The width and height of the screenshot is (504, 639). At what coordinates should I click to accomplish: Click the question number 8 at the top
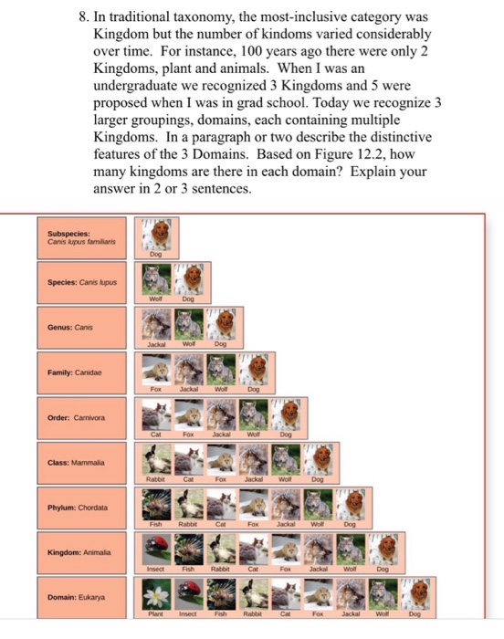84,17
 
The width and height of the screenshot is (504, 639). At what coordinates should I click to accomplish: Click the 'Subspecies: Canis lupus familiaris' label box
82,238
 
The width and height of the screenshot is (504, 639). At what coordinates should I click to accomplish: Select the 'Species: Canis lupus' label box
82,283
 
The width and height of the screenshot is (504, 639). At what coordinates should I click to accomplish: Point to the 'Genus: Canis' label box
82,328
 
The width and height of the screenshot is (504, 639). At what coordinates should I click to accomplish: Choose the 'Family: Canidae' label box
82,372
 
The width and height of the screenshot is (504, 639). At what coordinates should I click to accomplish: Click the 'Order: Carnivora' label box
82,418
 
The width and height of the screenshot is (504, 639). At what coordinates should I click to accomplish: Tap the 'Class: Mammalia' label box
82,463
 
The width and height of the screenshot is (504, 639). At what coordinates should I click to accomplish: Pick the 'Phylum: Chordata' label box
82,508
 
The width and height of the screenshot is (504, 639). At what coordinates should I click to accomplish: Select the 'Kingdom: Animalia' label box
82,552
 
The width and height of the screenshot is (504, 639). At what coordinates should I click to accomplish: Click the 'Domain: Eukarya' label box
82,597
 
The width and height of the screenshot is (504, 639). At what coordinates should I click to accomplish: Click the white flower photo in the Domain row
156,594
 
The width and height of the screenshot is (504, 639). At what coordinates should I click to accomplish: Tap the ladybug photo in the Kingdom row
156,550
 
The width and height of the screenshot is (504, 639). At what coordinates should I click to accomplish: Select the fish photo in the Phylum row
156,505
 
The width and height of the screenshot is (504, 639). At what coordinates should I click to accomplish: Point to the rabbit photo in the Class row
156,460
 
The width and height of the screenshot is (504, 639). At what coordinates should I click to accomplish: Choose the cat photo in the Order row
156,414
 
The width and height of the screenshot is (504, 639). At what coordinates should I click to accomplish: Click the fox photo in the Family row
156,370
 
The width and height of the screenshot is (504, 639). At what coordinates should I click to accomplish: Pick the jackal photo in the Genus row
156,325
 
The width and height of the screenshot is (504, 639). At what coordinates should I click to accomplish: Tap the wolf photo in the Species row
156,279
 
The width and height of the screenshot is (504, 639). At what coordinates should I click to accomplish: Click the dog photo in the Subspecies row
156,235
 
